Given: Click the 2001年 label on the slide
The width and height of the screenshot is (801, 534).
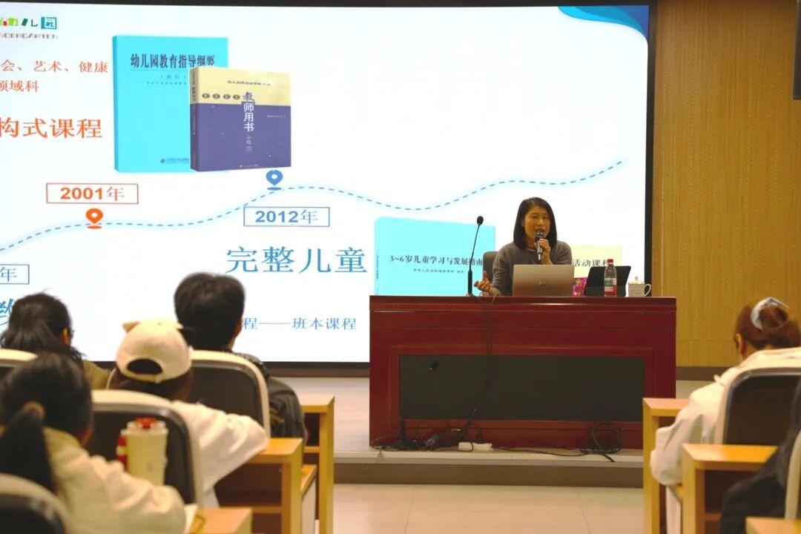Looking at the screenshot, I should (x=92, y=194).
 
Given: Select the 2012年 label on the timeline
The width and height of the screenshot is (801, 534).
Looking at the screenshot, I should (x=286, y=217).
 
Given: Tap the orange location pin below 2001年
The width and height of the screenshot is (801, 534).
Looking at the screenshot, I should (x=93, y=217).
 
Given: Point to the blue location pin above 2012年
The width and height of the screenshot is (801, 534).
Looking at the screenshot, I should (x=274, y=179).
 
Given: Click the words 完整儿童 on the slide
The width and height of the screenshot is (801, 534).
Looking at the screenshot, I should (x=296, y=260).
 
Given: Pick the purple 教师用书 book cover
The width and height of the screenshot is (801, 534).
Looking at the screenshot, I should (x=240, y=119).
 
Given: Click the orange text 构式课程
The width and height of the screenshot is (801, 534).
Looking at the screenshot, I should (x=50, y=128).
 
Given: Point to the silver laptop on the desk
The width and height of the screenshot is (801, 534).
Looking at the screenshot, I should (x=542, y=280).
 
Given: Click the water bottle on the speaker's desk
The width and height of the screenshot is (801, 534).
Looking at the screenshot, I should (x=610, y=278).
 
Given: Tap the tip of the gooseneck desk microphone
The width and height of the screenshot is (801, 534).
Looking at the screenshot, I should (x=480, y=220).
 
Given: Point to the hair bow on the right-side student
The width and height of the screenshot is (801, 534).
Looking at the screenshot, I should (x=765, y=309).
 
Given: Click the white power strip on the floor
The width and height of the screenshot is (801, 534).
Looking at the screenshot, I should (x=475, y=446).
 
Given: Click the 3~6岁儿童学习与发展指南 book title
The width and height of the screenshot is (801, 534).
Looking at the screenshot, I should (x=433, y=260).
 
